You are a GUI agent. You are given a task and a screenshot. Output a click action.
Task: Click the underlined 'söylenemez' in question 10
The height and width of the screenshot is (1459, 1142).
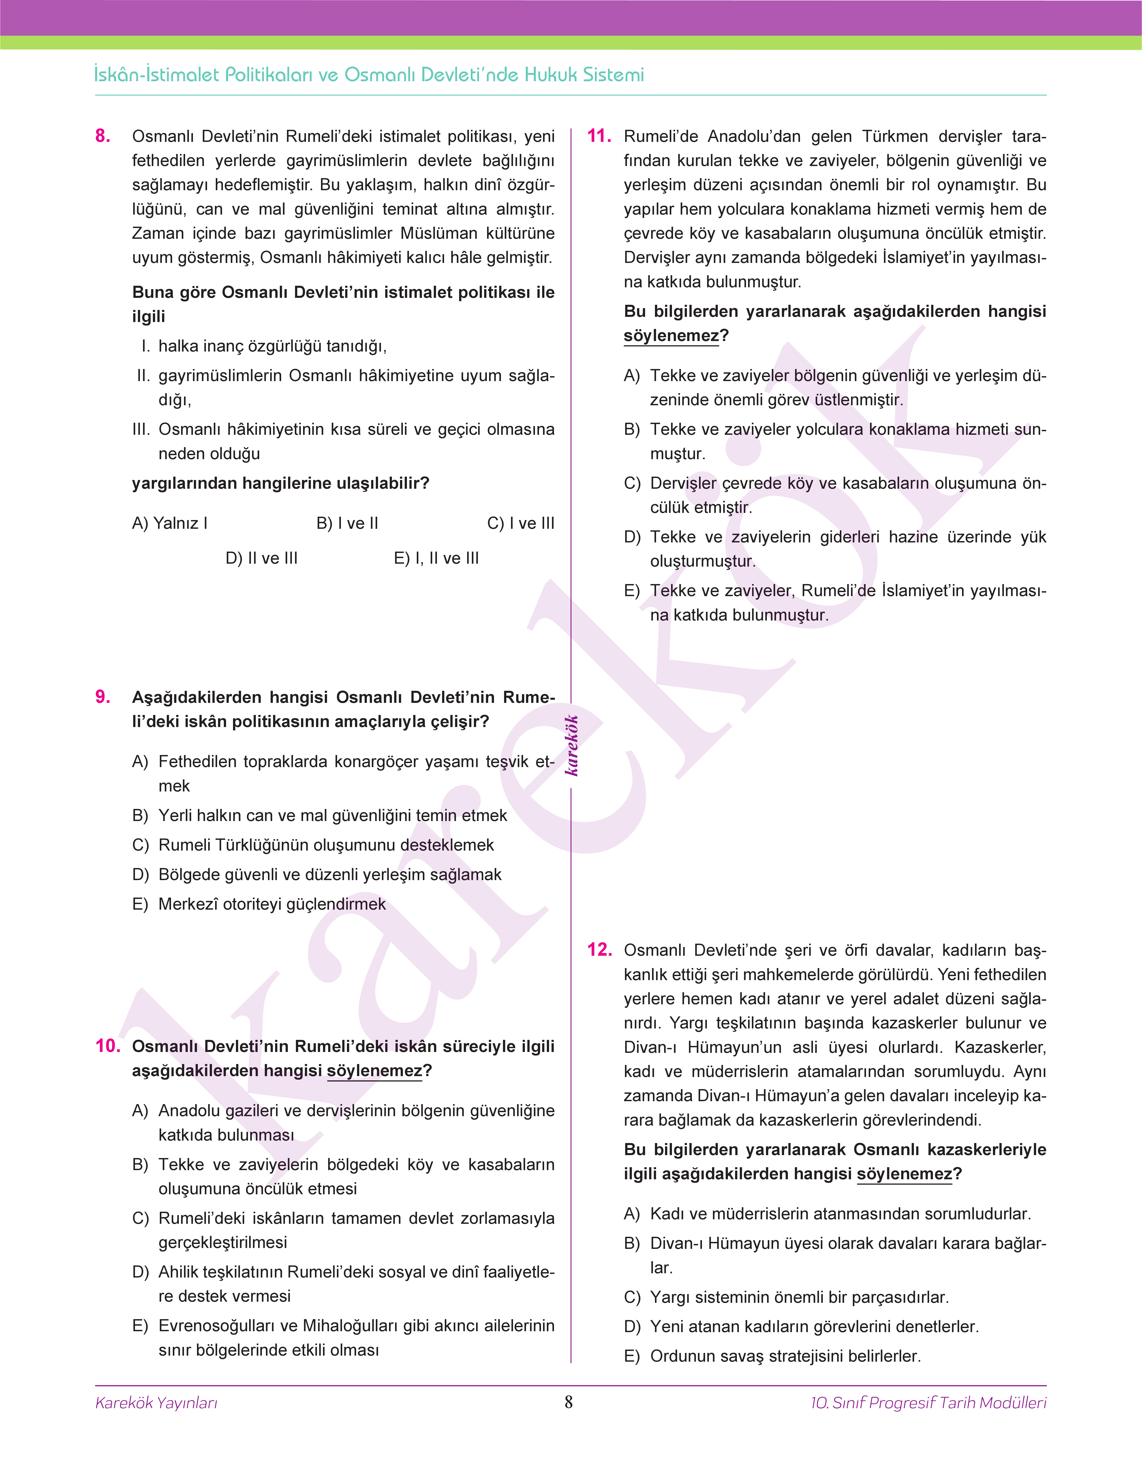[x=374, y=1071]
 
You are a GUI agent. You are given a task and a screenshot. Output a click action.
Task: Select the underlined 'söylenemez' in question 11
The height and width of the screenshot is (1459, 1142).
[x=671, y=335]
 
